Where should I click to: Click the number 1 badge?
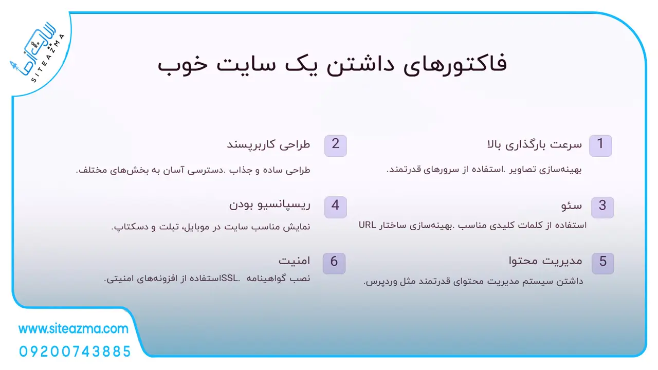pyautogui.click(x=600, y=145)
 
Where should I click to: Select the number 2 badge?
pyautogui.click(x=336, y=145)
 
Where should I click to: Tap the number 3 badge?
pyautogui.click(x=602, y=207)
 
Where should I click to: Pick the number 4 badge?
pyautogui.click(x=336, y=207)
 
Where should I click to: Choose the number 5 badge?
pyautogui.click(x=603, y=264)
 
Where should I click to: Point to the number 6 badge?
pyautogui.click(x=334, y=264)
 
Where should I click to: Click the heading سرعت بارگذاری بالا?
pyautogui.click(x=534, y=145)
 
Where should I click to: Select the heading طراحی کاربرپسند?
pyautogui.click(x=268, y=145)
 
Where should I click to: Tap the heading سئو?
pyautogui.click(x=571, y=206)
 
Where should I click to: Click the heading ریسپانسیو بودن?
pyautogui.click(x=270, y=205)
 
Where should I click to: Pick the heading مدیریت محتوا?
pyautogui.click(x=545, y=261)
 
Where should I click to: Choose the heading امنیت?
pyautogui.click(x=295, y=261)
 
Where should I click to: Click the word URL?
pyautogui.click(x=367, y=225)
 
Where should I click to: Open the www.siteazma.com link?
pyautogui.click(x=74, y=329)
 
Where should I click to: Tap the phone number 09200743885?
pyautogui.click(x=75, y=351)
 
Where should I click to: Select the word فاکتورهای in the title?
pyautogui.click(x=455, y=65)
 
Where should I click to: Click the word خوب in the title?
pyautogui.click(x=182, y=65)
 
